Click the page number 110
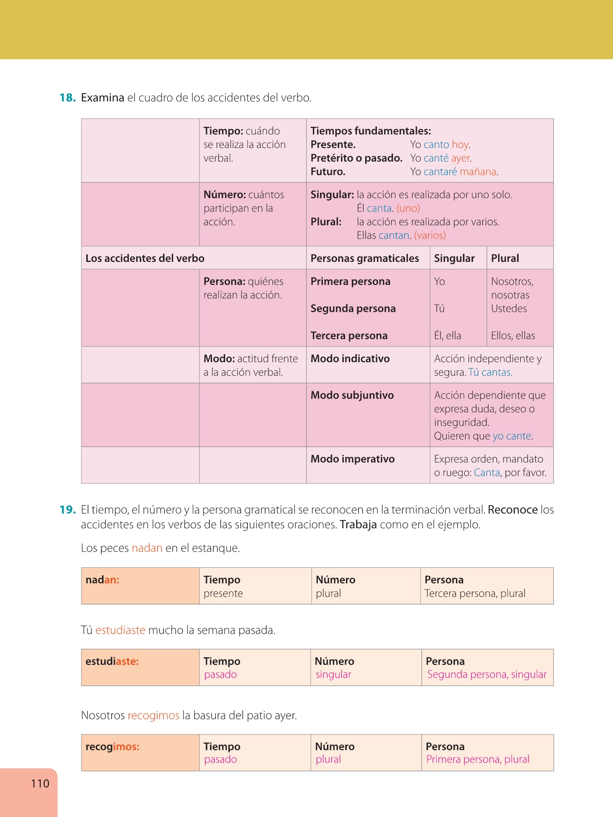(x=40, y=783)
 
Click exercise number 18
(x=67, y=98)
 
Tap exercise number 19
(x=67, y=510)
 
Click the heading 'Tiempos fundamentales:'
(x=371, y=131)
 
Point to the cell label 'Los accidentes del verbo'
(x=145, y=258)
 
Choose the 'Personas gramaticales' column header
(x=365, y=258)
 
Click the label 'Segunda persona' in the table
(x=353, y=309)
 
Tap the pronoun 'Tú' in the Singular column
(x=439, y=309)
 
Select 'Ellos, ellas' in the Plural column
(x=513, y=336)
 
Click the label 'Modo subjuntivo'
(x=352, y=395)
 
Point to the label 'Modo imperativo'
(x=352, y=459)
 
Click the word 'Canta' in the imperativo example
(x=487, y=472)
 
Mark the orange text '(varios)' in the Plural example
(x=430, y=236)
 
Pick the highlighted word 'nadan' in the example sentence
(x=147, y=548)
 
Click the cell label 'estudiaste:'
(x=112, y=661)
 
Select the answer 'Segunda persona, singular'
(x=487, y=674)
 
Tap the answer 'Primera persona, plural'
(x=478, y=759)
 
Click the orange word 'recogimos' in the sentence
(x=153, y=716)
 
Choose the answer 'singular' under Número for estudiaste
(x=333, y=674)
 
